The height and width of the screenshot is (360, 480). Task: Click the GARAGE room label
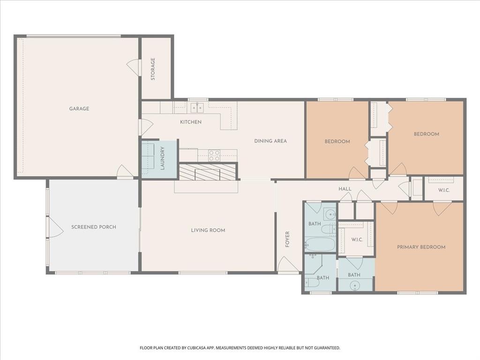pos(79,109)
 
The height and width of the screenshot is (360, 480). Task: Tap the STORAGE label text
pos(153,69)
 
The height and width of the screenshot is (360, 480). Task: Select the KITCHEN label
pos(191,122)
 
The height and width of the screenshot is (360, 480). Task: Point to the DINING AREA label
pos(270,141)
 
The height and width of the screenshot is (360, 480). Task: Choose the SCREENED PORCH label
pos(94,227)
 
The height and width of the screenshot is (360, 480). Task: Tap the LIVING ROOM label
pos(208,230)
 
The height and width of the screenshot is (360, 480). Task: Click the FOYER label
pos(287,240)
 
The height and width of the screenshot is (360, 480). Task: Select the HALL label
pos(345,189)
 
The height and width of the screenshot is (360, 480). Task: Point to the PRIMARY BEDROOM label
pos(421,247)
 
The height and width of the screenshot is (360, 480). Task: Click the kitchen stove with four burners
pos(214,155)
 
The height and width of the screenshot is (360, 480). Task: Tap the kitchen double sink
pos(197,108)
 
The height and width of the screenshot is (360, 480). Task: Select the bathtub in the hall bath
pos(320,244)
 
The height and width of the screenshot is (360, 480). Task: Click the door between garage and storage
pos(134,67)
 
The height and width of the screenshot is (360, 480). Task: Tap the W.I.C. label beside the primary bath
pos(358,240)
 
